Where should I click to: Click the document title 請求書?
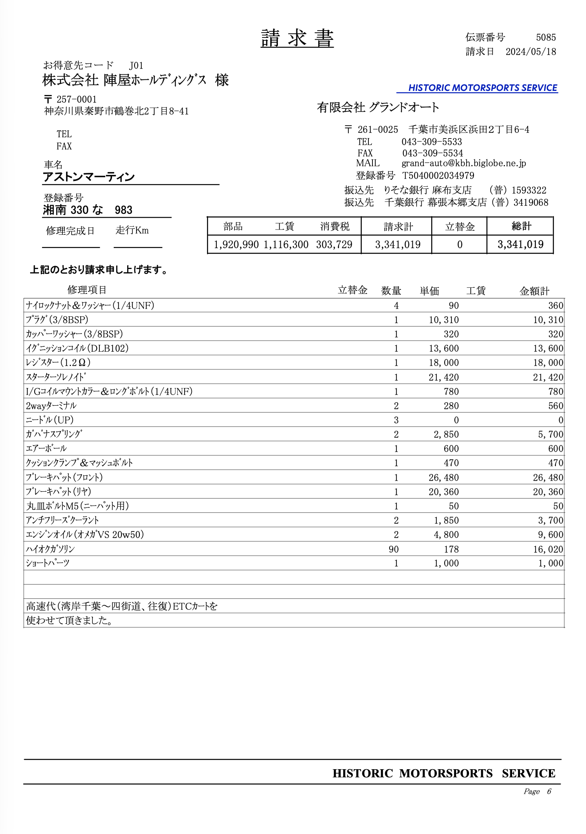tap(297, 38)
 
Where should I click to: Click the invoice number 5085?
tap(546, 38)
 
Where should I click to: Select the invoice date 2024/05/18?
tap(531, 52)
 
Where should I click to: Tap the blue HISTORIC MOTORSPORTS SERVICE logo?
tap(482, 88)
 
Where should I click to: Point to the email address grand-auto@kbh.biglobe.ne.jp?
tap(463, 163)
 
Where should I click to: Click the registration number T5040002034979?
tap(438, 176)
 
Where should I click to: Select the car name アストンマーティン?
tap(89, 177)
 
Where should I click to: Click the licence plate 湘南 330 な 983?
tap(88, 210)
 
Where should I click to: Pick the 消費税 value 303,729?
tap(334, 245)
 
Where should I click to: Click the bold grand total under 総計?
tap(520, 245)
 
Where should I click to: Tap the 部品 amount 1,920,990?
tap(236, 245)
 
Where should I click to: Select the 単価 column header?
tap(430, 291)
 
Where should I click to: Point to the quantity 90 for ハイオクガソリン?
tap(394, 549)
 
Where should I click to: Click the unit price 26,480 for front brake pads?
tap(443, 477)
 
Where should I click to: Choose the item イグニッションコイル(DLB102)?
tap(77, 348)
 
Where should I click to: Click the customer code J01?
tap(136, 66)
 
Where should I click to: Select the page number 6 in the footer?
tap(549, 791)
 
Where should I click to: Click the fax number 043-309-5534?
tap(432, 153)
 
